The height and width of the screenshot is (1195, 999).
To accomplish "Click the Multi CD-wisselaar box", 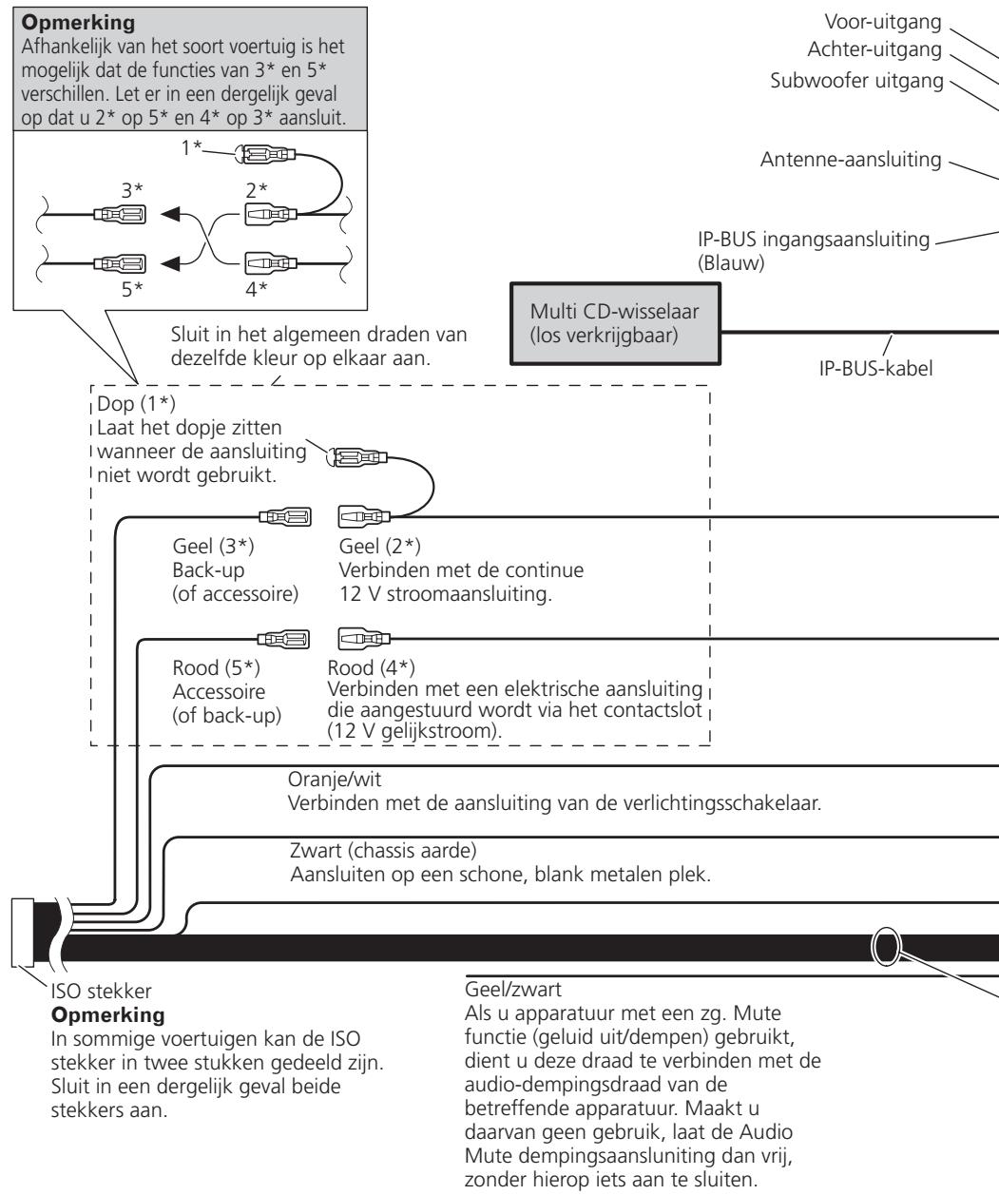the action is point(615,323).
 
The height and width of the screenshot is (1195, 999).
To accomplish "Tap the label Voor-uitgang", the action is point(883,22).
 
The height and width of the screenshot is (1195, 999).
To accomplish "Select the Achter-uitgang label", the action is point(874,49).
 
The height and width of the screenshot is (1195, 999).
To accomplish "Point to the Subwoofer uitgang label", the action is point(856,81).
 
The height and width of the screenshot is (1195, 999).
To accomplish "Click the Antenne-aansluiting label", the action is point(850,159).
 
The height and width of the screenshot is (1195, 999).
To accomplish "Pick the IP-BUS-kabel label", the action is point(875,368).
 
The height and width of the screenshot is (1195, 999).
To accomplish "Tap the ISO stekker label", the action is point(102,991).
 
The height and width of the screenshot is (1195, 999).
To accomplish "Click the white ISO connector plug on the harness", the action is point(22,932).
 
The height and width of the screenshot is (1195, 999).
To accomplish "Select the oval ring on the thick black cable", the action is point(885,947).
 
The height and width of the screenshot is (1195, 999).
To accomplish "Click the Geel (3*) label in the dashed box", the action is point(214,546).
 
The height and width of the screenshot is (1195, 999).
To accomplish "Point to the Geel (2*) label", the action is point(379,546).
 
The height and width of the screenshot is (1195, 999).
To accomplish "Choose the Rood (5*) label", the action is point(217,668).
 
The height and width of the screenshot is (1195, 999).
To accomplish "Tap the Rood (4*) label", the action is point(371,668).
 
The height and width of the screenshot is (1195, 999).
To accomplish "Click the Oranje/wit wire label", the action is point(335,779).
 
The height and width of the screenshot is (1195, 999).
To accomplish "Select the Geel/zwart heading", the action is point(512,989).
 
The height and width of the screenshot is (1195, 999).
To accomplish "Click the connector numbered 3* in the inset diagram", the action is point(120,215).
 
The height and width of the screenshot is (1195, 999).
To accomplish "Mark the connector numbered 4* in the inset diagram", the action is point(271,263).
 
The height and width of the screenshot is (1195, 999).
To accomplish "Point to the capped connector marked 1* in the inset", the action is point(264,154).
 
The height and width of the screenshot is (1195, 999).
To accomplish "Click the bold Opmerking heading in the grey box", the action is point(78,22).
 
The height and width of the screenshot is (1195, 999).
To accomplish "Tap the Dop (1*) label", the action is point(136,403).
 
